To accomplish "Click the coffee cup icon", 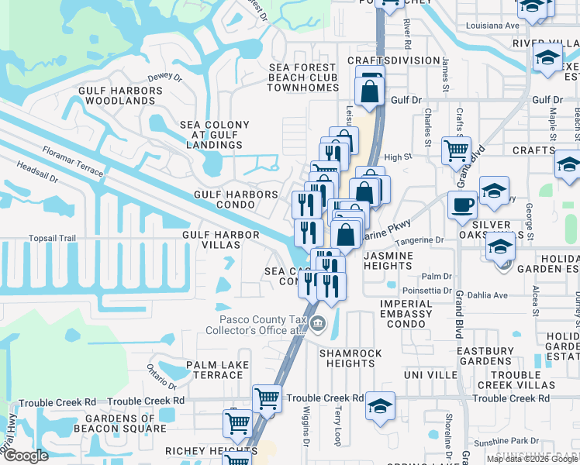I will pyautogui.click(x=463, y=205).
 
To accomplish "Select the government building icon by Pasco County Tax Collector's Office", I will pyautogui.click(x=318, y=324).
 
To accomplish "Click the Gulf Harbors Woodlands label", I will pyautogui.click(x=121, y=96).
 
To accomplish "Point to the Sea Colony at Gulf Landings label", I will pyautogui.click(x=215, y=135).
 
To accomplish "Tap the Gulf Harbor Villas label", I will pyautogui.click(x=211, y=239).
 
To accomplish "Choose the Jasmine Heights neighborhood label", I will pyautogui.click(x=398, y=260).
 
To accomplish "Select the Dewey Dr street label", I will pyautogui.click(x=164, y=77).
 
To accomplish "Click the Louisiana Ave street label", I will pyautogui.click(x=492, y=26).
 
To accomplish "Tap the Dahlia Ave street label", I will pyautogui.click(x=490, y=295).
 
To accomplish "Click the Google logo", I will pyautogui.click(x=26, y=456).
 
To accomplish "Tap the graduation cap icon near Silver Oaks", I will pyautogui.click(x=500, y=247).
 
